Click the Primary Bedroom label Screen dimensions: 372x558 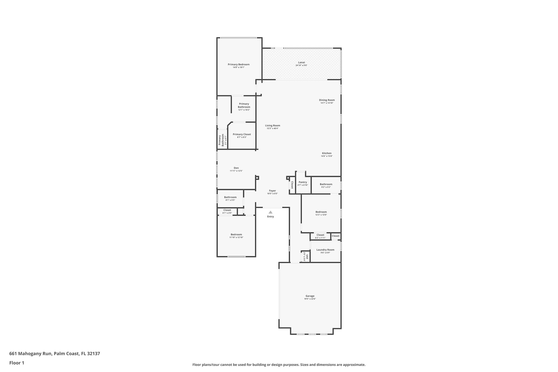(238, 65)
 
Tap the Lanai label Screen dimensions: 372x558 (301, 62)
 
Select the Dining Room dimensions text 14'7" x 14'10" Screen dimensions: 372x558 (327, 103)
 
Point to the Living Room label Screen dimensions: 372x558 (272, 126)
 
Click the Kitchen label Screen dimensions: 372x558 (327, 153)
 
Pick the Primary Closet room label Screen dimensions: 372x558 (242, 134)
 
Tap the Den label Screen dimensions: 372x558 (236, 168)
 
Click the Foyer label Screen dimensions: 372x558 (272, 191)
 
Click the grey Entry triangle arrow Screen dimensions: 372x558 (270, 212)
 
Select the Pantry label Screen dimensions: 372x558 (303, 182)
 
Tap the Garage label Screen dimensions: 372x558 (310, 296)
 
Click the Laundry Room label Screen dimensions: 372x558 (325, 250)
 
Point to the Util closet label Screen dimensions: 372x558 (307, 256)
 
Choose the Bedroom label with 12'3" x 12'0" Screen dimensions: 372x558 (321, 212)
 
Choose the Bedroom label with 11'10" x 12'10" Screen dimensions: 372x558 (236, 234)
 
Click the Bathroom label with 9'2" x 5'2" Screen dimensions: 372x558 (326, 184)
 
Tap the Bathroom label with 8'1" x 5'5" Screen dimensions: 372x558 (230, 197)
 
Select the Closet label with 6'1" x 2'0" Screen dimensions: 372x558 (227, 210)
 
